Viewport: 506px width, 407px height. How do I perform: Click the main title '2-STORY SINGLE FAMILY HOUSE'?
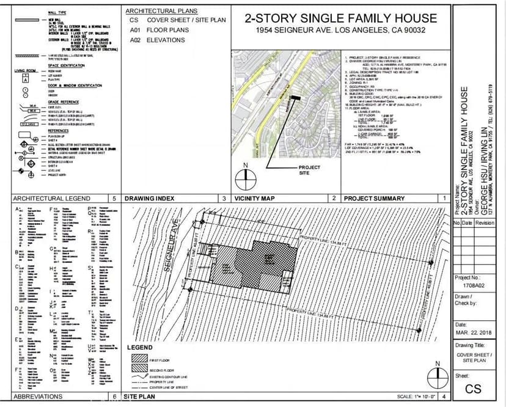click(340, 18)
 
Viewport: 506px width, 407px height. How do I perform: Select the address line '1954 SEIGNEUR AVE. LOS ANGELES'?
click(340, 31)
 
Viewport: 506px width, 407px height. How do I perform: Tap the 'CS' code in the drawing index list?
click(134, 20)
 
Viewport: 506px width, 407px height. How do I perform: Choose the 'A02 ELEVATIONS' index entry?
click(158, 40)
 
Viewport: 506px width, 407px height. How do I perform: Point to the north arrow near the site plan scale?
click(436, 376)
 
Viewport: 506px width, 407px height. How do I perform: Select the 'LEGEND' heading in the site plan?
click(139, 348)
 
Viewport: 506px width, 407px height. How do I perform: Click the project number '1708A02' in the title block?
click(473, 285)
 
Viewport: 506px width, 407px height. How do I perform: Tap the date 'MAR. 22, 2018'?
click(474, 333)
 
